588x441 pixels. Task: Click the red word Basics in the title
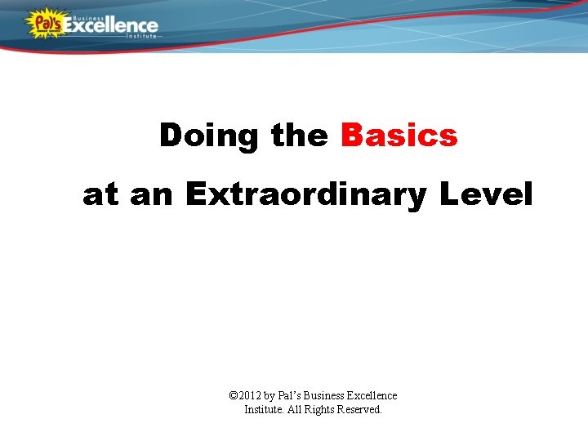[x=399, y=135]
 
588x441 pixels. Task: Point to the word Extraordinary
[x=305, y=195]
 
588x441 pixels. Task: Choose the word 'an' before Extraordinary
[x=152, y=195]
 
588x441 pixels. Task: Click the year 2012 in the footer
[x=253, y=395]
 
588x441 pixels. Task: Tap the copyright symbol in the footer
[x=234, y=395]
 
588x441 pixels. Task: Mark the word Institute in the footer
[x=264, y=409]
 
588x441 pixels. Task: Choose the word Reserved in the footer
[x=363, y=409]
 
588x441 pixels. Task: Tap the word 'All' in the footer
[x=295, y=409]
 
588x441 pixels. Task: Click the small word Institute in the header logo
[x=140, y=37]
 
